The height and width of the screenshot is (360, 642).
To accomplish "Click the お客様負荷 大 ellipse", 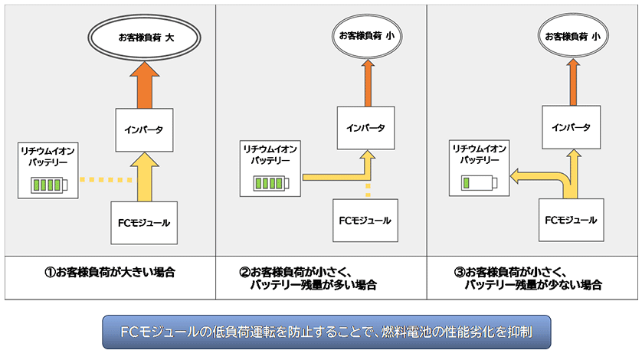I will (x=144, y=35).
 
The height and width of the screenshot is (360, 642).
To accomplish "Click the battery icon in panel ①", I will (x=48, y=184).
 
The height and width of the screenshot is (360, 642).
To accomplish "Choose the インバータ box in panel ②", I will (x=365, y=127).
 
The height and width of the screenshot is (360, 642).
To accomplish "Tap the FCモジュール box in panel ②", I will (x=365, y=221).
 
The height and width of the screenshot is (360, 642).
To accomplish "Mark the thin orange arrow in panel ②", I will (x=366, y=81).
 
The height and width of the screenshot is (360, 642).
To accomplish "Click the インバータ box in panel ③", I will (x=571, y=127).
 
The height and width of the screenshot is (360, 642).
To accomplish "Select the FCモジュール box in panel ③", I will (x=570, y=220).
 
